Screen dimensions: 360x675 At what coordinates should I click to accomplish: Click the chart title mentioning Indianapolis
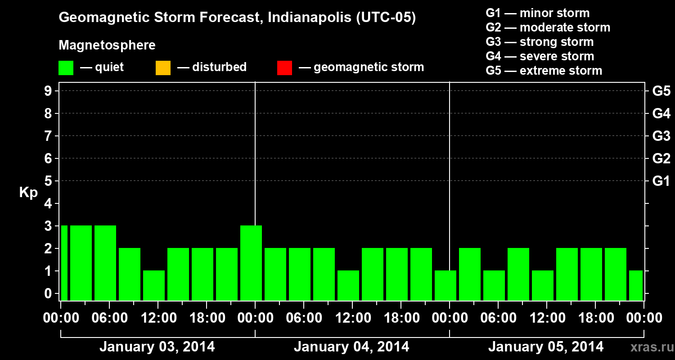click(x=237, y=18)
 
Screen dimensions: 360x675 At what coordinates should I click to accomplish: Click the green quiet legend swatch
click(x=66, y=68)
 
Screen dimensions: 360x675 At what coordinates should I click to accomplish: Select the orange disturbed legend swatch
click(x=163, y=68)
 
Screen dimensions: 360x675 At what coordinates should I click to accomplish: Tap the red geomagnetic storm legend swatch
click(x=284, y=68)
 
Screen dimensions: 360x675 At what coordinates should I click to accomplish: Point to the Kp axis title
click(x=28, y=193)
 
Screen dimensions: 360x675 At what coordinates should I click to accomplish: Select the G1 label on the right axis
click(x=661, y=181)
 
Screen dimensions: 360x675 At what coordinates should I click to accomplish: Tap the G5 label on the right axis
click(x=661, y=91)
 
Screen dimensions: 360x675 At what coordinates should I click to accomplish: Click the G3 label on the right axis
click(x=661, y=136)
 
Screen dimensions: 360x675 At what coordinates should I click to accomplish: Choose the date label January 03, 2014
click(x=157, y=347)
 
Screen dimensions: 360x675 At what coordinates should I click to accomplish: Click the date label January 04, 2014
click(x=351, y=347)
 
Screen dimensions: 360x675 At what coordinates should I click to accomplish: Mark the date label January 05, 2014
click(x=546, y=347)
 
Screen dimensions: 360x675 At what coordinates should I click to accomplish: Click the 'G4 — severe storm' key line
click(x=540, y=56)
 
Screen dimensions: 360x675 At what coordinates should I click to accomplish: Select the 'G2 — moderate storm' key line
click(x=548, y=27)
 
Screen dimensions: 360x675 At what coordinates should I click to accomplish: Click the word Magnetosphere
click(x=107, y=45)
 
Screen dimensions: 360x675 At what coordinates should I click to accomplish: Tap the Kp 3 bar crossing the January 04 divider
click(x=251, y=263)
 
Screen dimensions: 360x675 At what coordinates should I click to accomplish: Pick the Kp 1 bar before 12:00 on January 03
click(x=154, y=285)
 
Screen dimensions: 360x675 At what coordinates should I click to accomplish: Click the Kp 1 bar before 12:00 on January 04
click(x=348, y=285)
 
